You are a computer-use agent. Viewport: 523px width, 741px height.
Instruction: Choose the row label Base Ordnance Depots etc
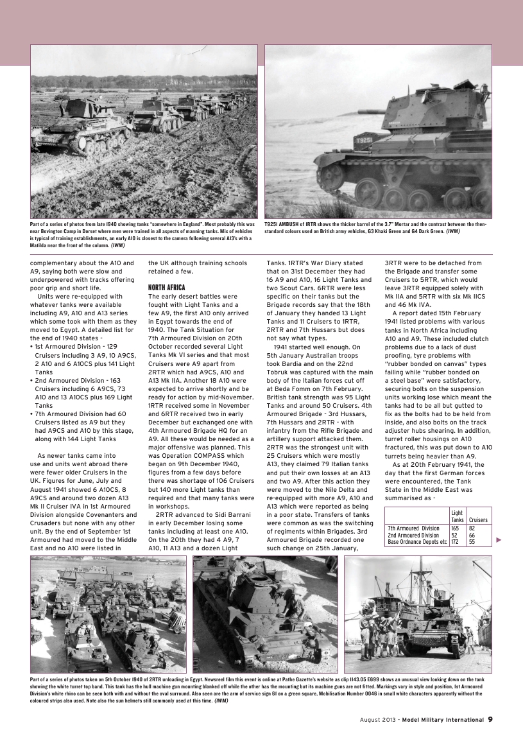[x=417, y=542]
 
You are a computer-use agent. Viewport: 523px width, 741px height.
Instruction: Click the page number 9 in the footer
[x=490, y=719]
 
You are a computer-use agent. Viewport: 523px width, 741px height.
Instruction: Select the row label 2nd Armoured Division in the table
[x=413, y=535]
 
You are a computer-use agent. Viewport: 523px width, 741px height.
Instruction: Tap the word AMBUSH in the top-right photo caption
[x=291, y=224]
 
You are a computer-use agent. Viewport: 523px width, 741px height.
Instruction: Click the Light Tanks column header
[x=458, y=516]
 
